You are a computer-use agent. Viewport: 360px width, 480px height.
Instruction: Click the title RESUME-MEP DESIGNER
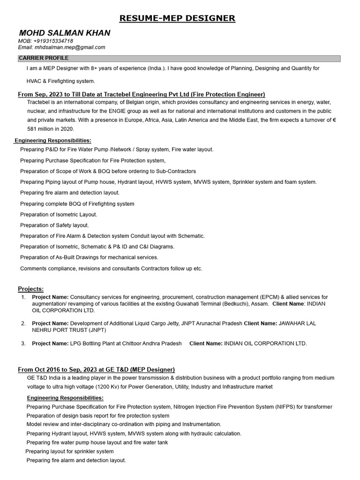click(x=177, y=19)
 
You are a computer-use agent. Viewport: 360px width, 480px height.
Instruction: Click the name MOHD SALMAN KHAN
click(x=65, y=33)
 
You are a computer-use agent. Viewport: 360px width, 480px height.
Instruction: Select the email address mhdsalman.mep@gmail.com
click(x=69, y=47)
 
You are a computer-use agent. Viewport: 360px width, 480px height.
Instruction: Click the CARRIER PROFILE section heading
click(x=43, y=58)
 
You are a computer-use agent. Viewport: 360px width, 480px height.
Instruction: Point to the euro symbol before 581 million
click(x=334, y=120)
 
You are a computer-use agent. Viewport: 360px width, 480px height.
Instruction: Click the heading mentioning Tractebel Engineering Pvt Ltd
click(x=141, y=94)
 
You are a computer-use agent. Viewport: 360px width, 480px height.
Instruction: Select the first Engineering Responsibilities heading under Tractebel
click(x=53, y=140)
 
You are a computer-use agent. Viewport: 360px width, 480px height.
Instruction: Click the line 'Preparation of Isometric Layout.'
click(x=59, y=214)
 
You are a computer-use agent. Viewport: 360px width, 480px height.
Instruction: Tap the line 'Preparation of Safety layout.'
click(x=54, y=225)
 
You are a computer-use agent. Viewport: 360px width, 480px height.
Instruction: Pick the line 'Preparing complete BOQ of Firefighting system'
click(x=77, y=204)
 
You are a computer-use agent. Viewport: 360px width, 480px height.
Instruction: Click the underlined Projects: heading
click(x=31, y=288)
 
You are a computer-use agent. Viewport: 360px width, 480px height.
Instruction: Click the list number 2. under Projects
click(x=23, y=323)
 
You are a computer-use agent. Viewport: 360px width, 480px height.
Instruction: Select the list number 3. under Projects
click(x=23, y=344)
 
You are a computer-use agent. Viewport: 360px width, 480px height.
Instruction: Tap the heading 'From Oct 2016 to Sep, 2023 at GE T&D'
click(x=96, y=369)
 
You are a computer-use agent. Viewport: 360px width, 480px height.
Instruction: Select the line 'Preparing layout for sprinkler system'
click(x=69, y=451)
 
